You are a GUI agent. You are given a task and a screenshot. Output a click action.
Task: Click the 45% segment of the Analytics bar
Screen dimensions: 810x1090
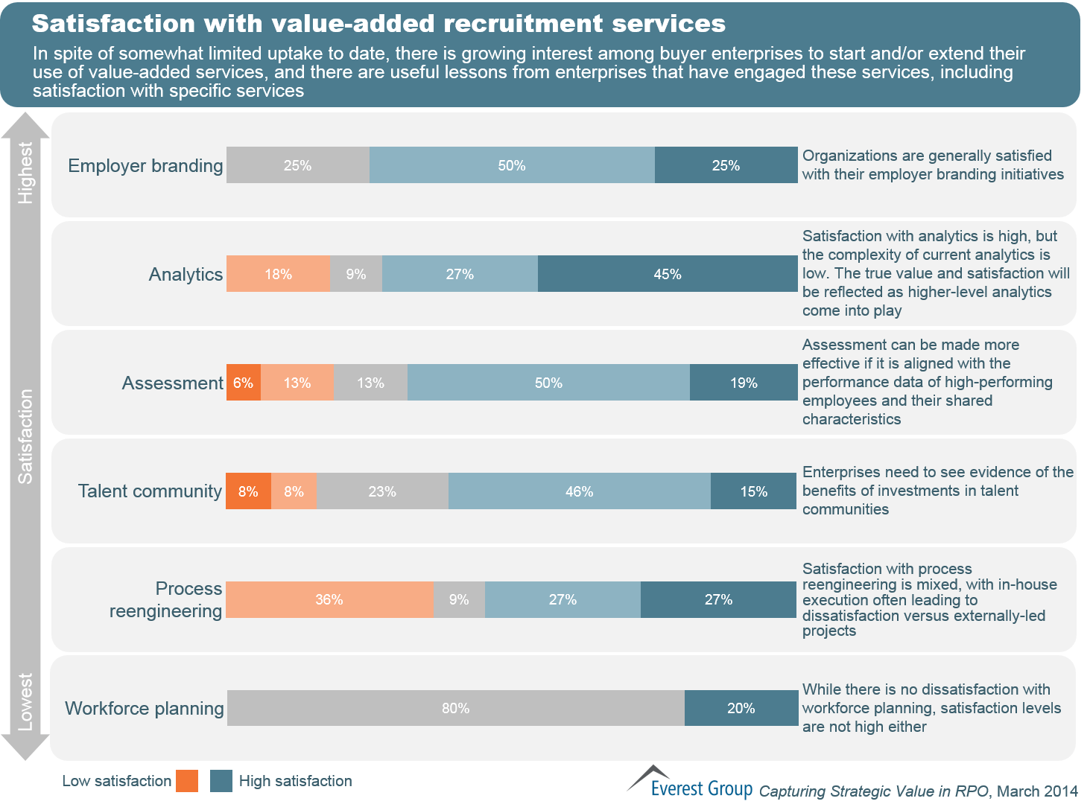click(668, 274)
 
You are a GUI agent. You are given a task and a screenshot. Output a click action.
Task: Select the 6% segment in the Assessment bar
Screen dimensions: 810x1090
click(244, 383)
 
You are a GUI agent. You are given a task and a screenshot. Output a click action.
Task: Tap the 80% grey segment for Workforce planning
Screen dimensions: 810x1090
click(455, 708)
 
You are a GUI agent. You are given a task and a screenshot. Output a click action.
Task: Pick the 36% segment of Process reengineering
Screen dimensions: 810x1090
click(329, 600)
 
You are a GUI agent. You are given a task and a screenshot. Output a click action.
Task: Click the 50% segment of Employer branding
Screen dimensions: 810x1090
click(512, 165)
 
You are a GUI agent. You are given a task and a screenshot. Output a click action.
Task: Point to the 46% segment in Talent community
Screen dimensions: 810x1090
click(579, 491)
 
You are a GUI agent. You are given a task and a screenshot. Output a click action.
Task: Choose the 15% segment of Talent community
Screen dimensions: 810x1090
click(753, 491)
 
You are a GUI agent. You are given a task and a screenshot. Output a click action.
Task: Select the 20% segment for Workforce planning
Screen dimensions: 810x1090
click(741, 708)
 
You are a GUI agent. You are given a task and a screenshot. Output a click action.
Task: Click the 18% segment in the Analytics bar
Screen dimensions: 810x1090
click(278, 274)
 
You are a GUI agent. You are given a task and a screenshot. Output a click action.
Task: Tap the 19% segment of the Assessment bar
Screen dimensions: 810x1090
click(744, 383)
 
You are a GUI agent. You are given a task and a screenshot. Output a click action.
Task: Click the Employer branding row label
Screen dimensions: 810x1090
click(145, 165)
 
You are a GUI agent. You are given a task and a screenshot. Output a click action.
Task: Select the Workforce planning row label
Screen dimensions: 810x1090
click(144, 708)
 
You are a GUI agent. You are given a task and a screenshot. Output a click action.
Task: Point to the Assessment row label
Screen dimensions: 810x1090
click(172, 383)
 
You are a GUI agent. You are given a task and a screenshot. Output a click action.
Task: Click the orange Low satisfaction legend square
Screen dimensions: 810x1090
click(187, 781)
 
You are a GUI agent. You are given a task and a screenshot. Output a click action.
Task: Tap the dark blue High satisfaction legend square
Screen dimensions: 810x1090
click(221, 781)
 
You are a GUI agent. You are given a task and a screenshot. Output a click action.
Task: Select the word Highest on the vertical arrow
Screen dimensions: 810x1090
click(25, 173)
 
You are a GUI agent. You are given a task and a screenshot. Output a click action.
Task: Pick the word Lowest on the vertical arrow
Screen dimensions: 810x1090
click(25, 702)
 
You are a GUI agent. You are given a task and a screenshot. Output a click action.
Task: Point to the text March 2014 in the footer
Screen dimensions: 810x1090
click(1037, 791)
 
